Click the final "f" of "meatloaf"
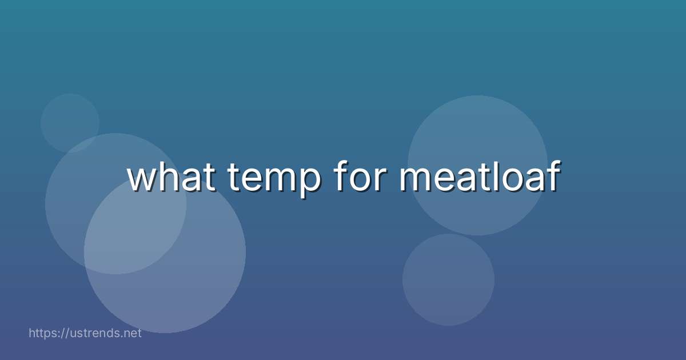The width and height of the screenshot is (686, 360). point(552,175)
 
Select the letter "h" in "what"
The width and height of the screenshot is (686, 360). point(169,175)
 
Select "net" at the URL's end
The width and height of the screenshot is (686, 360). point(132,333)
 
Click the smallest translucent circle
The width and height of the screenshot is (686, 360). point(70,122)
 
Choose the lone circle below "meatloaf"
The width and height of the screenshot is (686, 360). point(448,279)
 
